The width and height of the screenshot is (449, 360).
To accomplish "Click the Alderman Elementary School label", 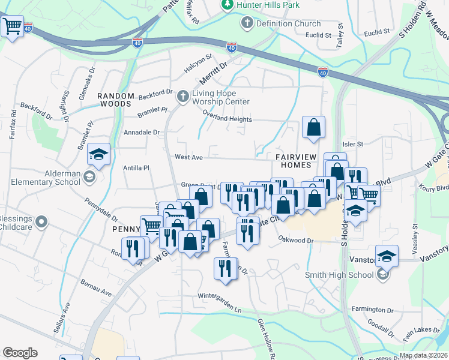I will (x=46, y=176).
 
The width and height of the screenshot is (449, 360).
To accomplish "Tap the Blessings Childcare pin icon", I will (x=41, y=223).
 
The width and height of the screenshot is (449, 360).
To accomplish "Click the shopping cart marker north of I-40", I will (x=13, y=26).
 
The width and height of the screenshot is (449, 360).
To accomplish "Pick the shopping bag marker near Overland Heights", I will (x=313, y=127).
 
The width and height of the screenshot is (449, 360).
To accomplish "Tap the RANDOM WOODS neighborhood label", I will (x=114, y=100).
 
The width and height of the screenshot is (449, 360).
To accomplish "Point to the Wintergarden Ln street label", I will (x=220, y=296).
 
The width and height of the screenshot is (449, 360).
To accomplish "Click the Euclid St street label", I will (x=319, y=35).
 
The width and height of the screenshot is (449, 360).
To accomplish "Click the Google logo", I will (x=20, y=353).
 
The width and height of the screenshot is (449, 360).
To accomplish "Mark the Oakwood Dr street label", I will (x=296, y=240).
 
